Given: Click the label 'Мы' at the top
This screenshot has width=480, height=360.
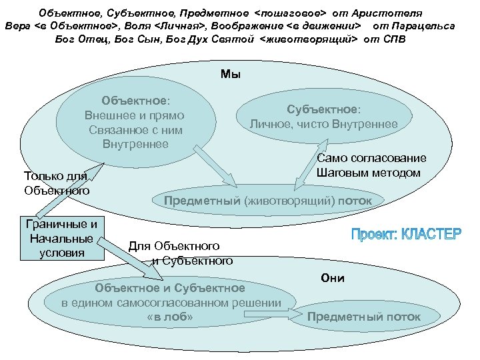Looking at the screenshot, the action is click(231, 75).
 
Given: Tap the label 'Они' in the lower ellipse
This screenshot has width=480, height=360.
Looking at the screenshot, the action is click(332, 278).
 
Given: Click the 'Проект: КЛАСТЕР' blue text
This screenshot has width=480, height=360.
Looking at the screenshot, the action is click(406, 235).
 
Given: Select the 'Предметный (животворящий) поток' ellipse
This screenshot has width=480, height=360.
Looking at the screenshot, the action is click(264, 200).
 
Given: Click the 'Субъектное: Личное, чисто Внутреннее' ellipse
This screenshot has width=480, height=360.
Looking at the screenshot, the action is click(323, 117).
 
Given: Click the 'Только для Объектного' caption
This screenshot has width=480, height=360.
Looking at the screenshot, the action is click(56, 183).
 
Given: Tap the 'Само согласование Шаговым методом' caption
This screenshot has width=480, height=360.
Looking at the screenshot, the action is click(371, 166).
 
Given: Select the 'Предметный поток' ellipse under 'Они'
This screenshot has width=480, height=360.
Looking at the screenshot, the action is click(364, 317).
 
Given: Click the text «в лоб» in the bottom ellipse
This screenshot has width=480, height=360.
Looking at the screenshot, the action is click(170, 317).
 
